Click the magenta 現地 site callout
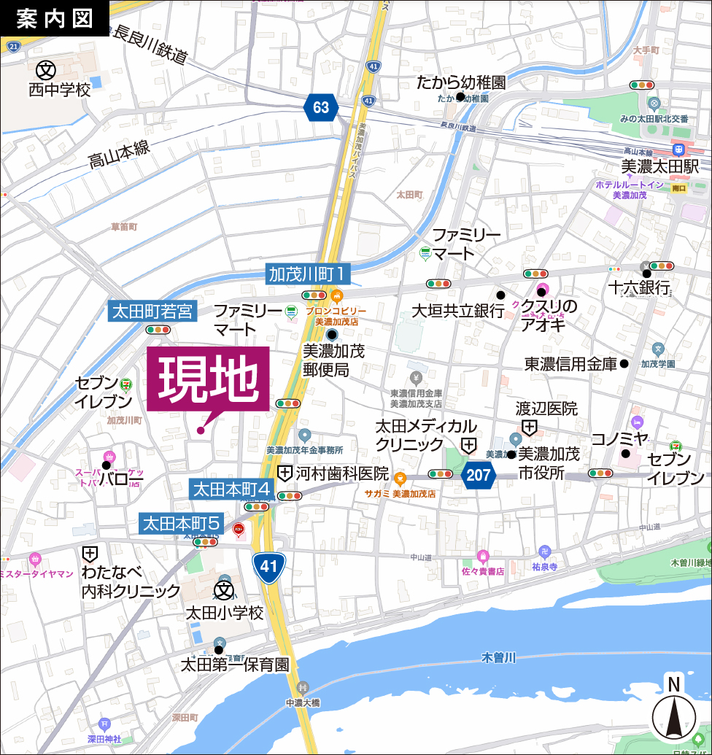point(208,380)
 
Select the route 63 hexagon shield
point(321,108)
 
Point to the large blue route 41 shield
point(269,567)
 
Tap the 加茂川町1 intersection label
point(308,274)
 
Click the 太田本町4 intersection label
point(232,488)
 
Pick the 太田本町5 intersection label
point(182,523)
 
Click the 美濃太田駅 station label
point(660,166)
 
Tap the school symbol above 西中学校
point(47,70)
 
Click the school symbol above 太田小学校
point(223,589)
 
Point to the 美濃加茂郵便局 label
point(333,360)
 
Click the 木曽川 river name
point(499,658)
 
